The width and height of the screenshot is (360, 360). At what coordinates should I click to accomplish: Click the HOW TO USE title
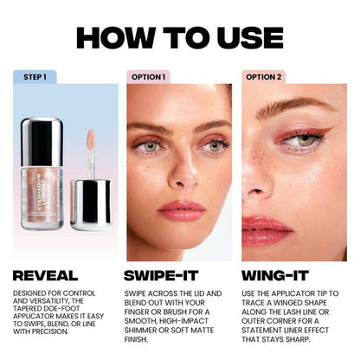[179, 38]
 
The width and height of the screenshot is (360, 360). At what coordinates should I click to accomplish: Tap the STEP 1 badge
[35, 77]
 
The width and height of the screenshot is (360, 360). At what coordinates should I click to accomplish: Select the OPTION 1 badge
[148, 77]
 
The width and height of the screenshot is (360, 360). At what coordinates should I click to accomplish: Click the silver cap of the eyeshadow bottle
[42, 138]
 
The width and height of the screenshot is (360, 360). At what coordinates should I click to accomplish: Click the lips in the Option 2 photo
[263, 228]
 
